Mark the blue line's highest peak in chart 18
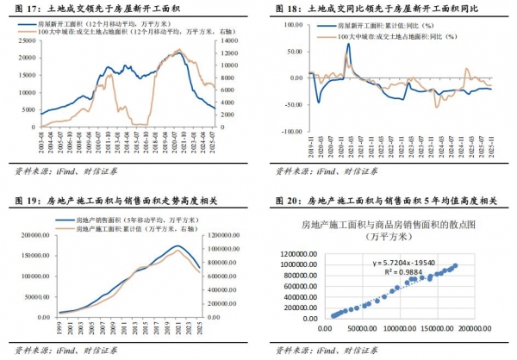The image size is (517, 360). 348,45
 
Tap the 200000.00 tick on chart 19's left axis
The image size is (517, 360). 32,234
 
